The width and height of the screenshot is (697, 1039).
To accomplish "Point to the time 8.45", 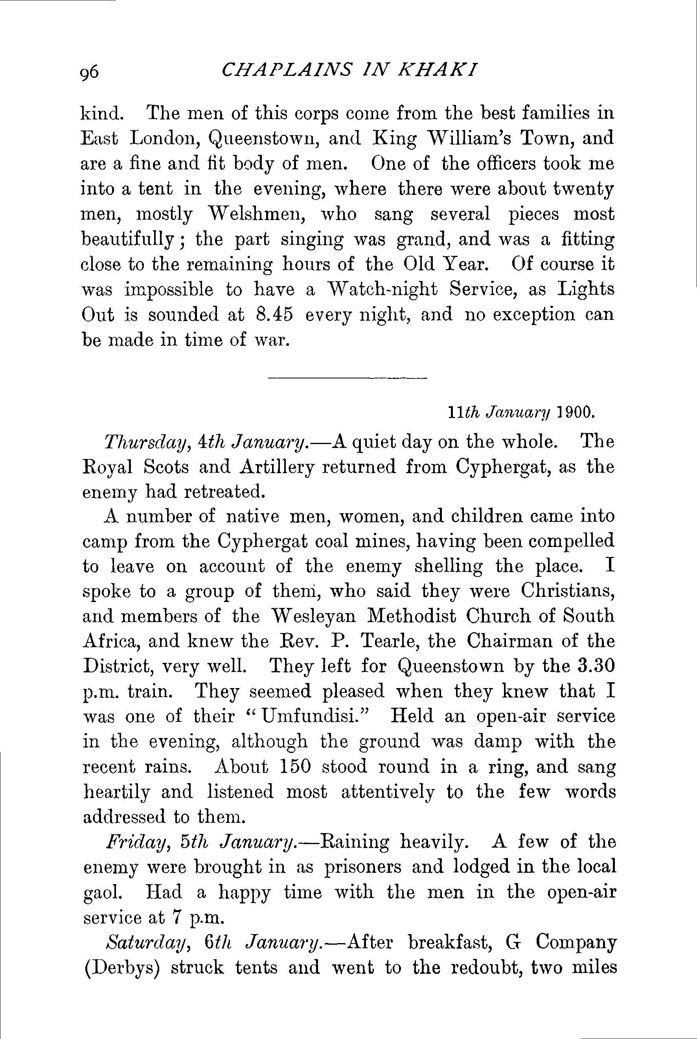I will tap(275, 314).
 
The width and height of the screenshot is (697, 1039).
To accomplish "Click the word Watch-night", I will tap(382, 290).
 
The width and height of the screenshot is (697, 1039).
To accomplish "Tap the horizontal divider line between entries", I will tap(347, 378).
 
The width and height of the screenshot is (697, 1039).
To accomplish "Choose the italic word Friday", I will tap(136, 842).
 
